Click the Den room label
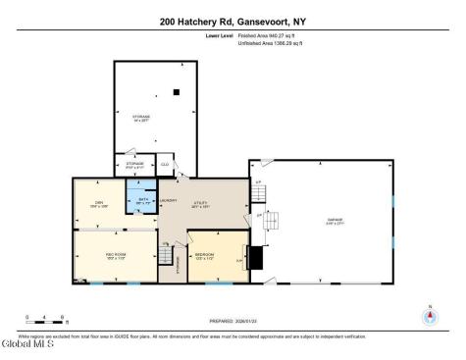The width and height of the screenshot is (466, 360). tap(98, 204)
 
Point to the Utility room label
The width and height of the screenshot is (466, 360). tap(200, 206)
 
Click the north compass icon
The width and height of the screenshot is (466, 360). tap(429, 316)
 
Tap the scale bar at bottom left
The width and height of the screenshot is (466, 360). tap(46, 320)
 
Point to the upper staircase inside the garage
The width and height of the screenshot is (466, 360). tap(272, 220)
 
